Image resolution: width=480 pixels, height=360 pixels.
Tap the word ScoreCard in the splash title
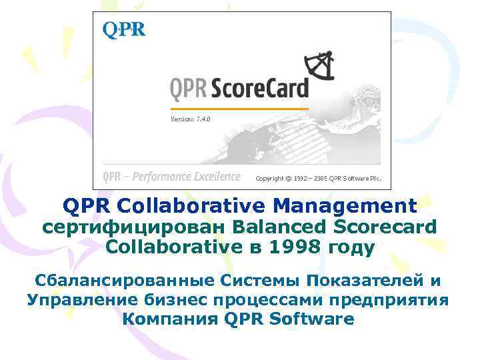(261, 88)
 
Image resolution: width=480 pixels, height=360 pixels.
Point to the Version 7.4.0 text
(191, 119)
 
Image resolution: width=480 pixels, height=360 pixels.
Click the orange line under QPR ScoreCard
(239, 108)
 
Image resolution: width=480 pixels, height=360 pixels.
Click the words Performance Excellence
(186, 177)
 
